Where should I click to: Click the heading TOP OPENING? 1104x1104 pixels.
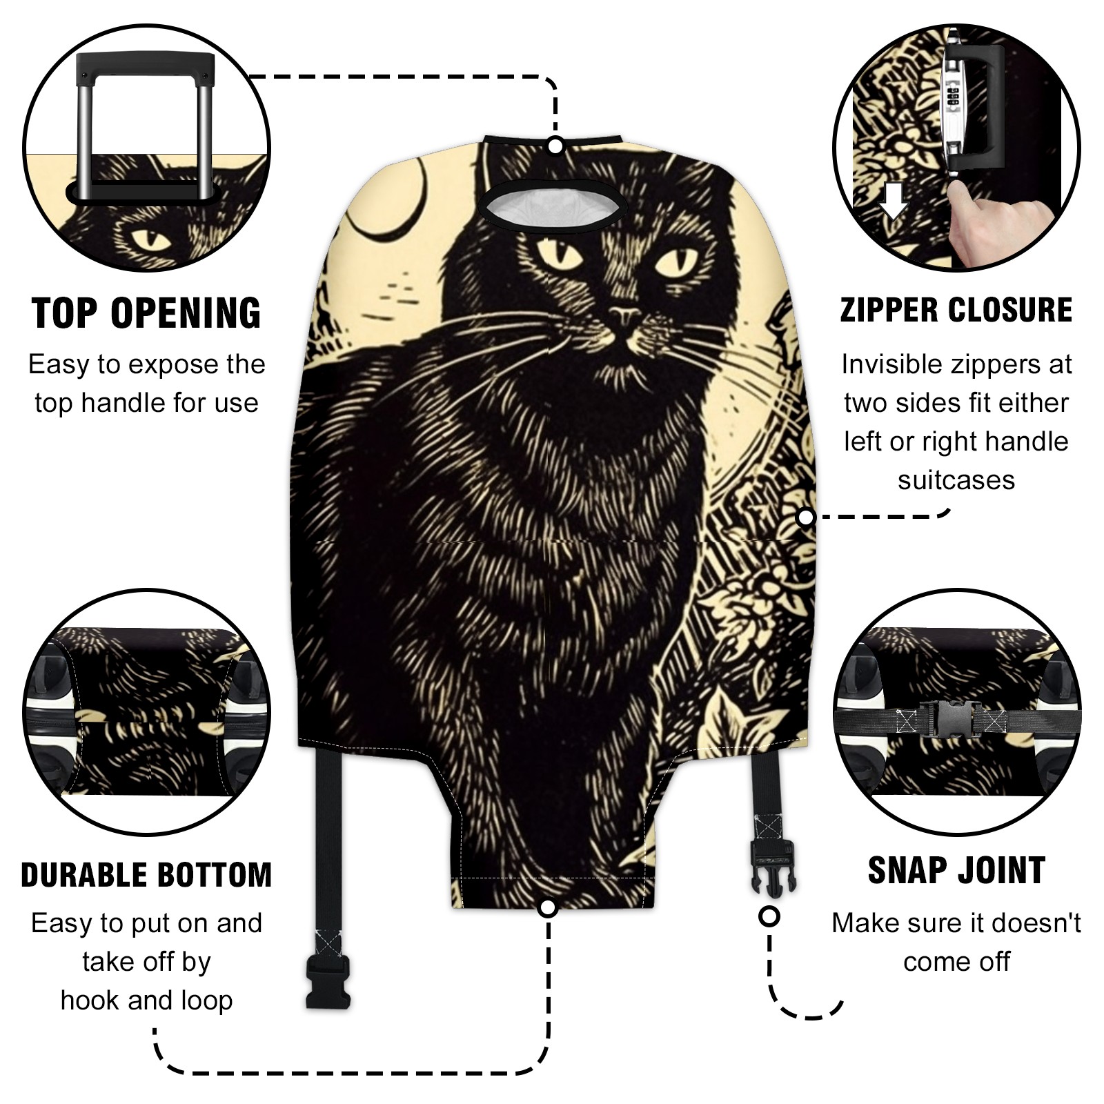point(146,313)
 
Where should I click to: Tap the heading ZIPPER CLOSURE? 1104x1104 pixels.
point(956,310)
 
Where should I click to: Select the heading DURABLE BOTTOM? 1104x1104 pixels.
point(146,875)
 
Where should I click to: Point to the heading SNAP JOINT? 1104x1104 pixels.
point(956,870)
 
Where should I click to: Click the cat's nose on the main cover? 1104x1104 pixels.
point(625,317)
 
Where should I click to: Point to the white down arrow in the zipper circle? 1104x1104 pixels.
point(894,200)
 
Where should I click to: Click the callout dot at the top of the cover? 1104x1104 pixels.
point(555,146)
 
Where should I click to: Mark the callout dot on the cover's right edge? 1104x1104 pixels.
point(805,517)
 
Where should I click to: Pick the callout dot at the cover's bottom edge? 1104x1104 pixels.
point(549,907)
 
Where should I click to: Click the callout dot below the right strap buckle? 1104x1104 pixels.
point(769,917)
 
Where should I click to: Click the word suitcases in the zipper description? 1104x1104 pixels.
point(956,480)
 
